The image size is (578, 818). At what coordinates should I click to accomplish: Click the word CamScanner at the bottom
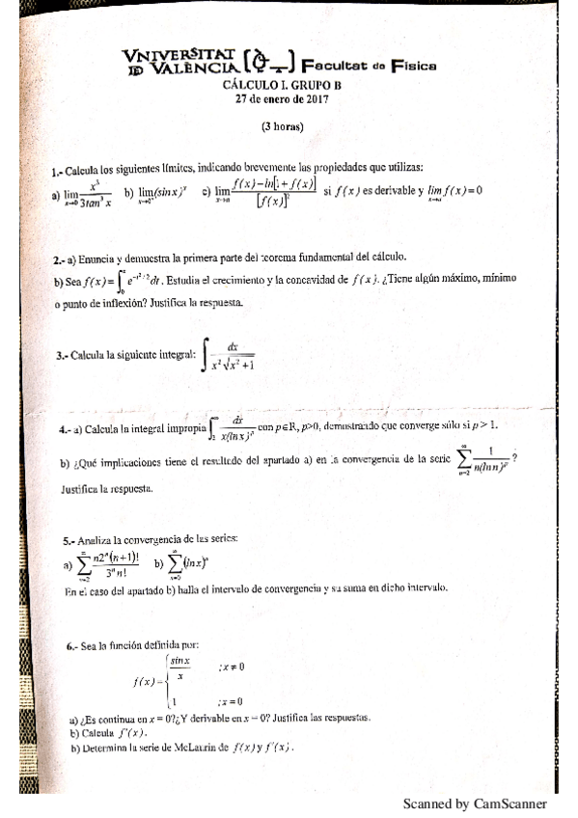click(510, 804)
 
